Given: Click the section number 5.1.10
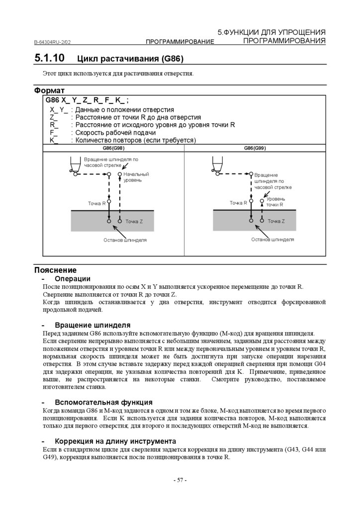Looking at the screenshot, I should click(49, 58).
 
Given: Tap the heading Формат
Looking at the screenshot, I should click(49, 90).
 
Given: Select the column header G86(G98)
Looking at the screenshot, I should click(113, 148).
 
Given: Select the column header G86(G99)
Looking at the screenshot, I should click(255, 148).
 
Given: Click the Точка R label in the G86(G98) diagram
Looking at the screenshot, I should click(96, 203).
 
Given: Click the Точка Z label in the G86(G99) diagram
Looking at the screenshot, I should click(276, 221).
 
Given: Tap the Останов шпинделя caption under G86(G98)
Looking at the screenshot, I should click(125, 240).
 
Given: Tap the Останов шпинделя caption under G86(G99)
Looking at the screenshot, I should click(272, 239).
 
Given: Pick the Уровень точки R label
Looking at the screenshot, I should click(275, 201).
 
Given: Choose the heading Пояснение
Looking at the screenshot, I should click(55, 270).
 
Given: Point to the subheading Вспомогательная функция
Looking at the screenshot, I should click(103, 402).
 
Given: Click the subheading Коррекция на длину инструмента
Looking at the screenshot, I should click(115, 441).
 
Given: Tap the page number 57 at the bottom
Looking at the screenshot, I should click(180, 480).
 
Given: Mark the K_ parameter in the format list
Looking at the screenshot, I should click(54, 140).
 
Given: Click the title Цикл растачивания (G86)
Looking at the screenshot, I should click(130, 59).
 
